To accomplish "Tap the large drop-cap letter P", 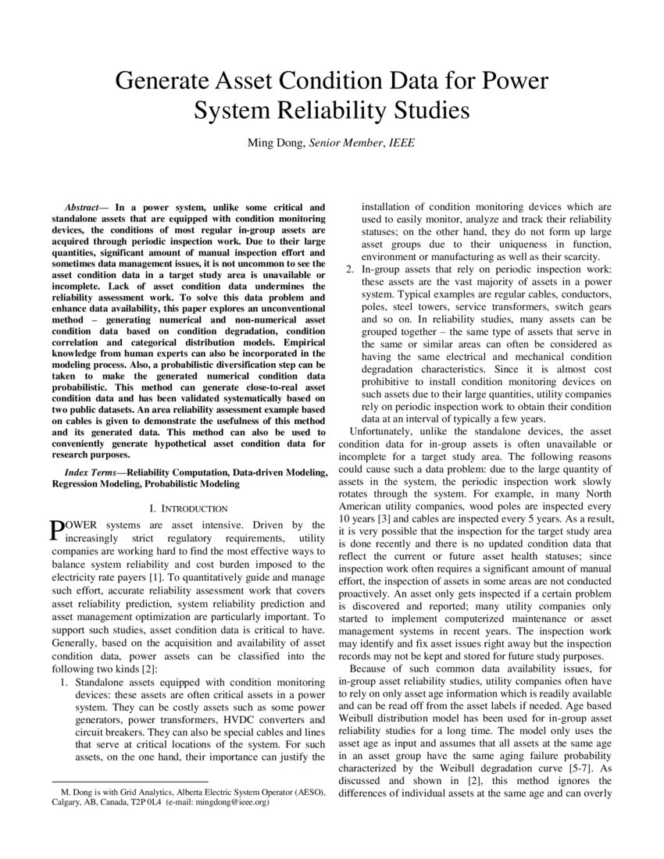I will pyautogui.click(x=57, y=531).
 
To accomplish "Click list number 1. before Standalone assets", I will pyautogui.click(x=65, y=683).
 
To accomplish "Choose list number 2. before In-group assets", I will pyautogui.click(x=350, y=269).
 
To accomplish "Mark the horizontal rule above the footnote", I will pyautogui.click(x=129, y=782).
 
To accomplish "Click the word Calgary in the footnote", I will pyautogui.click(x=67, y=802).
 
